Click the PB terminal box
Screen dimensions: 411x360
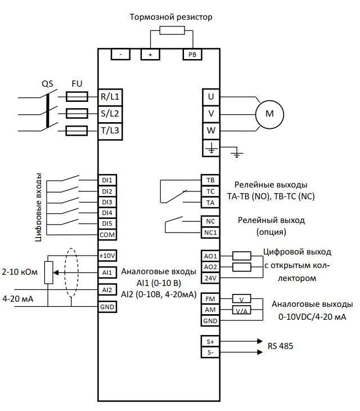[191, 54]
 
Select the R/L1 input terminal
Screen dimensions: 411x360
[110, 96]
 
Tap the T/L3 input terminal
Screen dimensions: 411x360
[110, 131]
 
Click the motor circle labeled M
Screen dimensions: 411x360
[269, 114]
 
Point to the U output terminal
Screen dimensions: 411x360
[211, 96]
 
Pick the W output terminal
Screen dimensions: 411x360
[211, 131]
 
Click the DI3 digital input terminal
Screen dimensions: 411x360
[107, 202]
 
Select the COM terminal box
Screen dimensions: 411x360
[107, 234]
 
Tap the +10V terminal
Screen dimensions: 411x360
[107, 255]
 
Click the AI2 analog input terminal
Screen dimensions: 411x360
[107, 289]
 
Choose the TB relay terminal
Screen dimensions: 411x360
[210, 181]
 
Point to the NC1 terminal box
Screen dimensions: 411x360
[210, 232]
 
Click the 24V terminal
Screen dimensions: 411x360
[210, 277]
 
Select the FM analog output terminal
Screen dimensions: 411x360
[210, 299]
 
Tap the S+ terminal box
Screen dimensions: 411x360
[210, 341]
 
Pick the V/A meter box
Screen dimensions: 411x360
[241, 310]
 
